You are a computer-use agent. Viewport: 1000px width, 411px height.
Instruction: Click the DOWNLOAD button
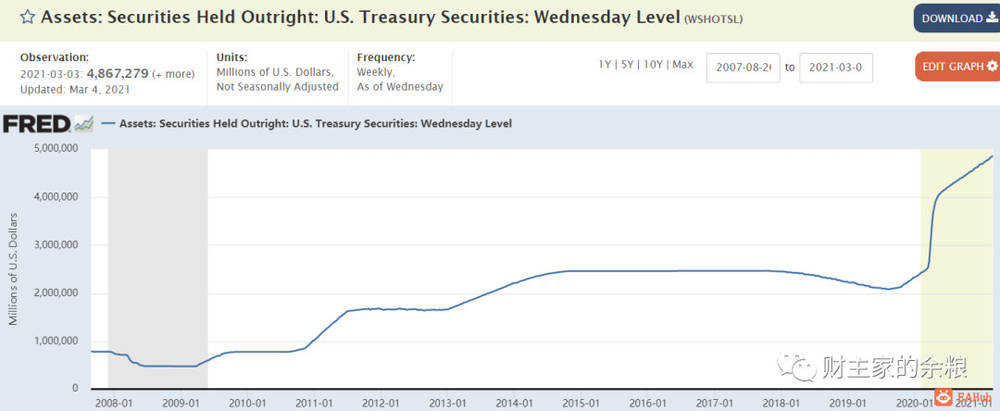[956, 19]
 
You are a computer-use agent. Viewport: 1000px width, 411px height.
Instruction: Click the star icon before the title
[28, 18]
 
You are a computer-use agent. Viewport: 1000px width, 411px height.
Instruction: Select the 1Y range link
[606, 65]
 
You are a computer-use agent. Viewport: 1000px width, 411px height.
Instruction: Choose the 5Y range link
[628, 65]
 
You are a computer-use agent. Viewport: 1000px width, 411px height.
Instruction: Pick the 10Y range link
[653, 65]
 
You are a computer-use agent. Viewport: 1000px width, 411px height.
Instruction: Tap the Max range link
[682, 65]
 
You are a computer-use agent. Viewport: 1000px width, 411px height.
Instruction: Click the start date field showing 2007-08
[744, 68]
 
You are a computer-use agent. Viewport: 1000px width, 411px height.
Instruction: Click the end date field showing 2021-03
[836, 68]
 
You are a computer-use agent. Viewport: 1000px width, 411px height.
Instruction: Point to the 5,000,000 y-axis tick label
[56, 148]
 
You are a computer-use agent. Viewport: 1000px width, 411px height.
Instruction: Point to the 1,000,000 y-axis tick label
[56, 341]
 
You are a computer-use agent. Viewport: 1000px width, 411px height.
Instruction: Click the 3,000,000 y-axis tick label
[56, 244]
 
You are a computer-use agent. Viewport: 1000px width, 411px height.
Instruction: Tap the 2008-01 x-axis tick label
[114, 403]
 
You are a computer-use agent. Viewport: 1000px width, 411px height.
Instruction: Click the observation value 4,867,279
[118, 73]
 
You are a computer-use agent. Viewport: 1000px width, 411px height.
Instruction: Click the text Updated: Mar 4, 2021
[76, 90]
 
